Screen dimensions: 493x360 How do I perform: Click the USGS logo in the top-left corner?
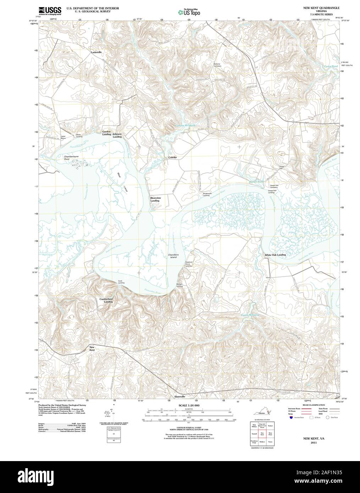click(49, 10)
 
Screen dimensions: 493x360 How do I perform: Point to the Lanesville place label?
click(96, 52)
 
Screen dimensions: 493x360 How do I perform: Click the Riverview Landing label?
click(155, 199)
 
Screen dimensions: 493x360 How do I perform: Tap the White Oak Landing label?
click(275, 255)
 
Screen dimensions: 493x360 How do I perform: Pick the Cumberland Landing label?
click(106, 300)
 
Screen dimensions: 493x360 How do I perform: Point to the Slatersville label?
click(180, 397)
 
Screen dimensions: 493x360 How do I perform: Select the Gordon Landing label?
click(106, 133)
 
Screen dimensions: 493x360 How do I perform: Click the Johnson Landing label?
click(117, 135)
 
